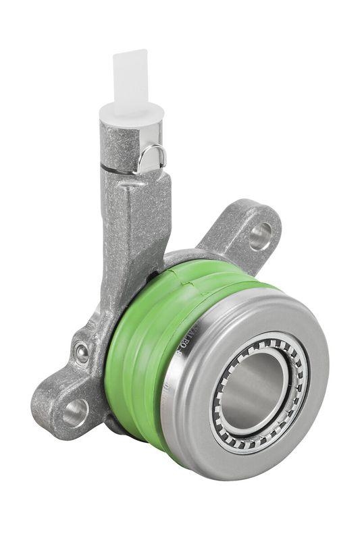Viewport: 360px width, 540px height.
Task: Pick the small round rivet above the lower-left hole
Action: click(x=81, y=351)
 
